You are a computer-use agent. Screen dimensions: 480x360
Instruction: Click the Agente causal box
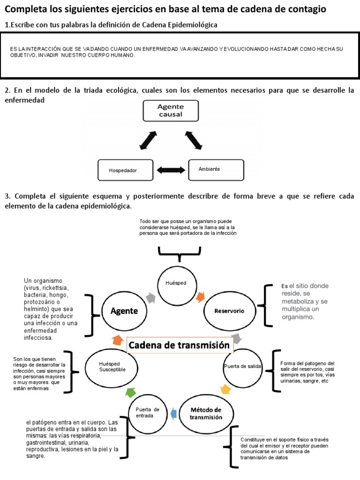pos(170,111)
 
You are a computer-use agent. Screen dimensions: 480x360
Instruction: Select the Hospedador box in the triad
pos(126,170)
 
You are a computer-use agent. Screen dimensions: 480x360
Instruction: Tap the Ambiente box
pos(216,169)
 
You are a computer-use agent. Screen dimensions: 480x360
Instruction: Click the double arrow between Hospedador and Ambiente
pos(171,170)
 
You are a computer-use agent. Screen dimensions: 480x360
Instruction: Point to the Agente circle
pos(124,311)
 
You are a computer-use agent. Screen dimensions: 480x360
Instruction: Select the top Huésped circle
pos(176,284)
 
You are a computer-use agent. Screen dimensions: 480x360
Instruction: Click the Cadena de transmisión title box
pos(179,345)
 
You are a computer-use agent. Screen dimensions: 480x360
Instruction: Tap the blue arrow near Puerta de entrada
pos(173,413)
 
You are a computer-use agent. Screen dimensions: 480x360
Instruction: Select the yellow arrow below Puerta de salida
pos(225,389)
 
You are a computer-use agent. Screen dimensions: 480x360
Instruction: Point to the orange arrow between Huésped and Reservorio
pos(200,296)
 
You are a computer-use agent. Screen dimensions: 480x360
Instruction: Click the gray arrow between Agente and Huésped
pos(150,297)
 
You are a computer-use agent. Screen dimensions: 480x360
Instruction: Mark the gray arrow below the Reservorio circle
pos(237,338)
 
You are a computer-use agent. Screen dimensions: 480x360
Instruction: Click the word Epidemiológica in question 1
pos(194,24)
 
